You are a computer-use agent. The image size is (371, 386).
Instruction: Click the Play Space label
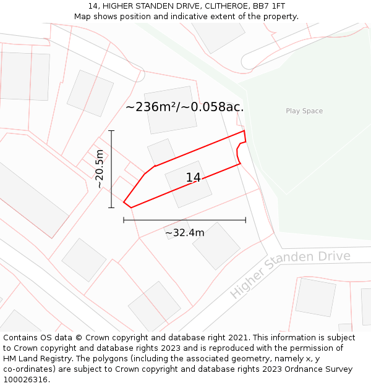click(x=304, y=111)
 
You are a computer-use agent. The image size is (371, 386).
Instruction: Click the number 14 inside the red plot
click(x=193, y=178)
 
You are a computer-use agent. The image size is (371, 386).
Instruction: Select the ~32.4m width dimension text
click(x=184, y=233)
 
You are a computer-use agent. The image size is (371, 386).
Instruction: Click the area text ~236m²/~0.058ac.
click(x=184, y=107)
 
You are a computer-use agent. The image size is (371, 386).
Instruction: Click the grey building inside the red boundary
click(x=188, y=184)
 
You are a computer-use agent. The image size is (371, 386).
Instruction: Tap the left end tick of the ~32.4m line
click(x=124, y=220)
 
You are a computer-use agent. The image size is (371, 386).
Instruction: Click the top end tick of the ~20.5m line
click(x=111, y=131)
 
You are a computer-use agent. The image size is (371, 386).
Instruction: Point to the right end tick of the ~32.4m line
click(x=245, y=220)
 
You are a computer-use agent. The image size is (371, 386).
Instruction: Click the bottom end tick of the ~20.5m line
click(x=111, y=208)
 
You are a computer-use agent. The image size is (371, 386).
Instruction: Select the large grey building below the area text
click(x=171, y=110)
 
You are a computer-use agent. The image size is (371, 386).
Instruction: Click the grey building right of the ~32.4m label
click(x=216, y=246)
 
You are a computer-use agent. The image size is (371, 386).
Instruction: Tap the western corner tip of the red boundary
click(x=124, y=202)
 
